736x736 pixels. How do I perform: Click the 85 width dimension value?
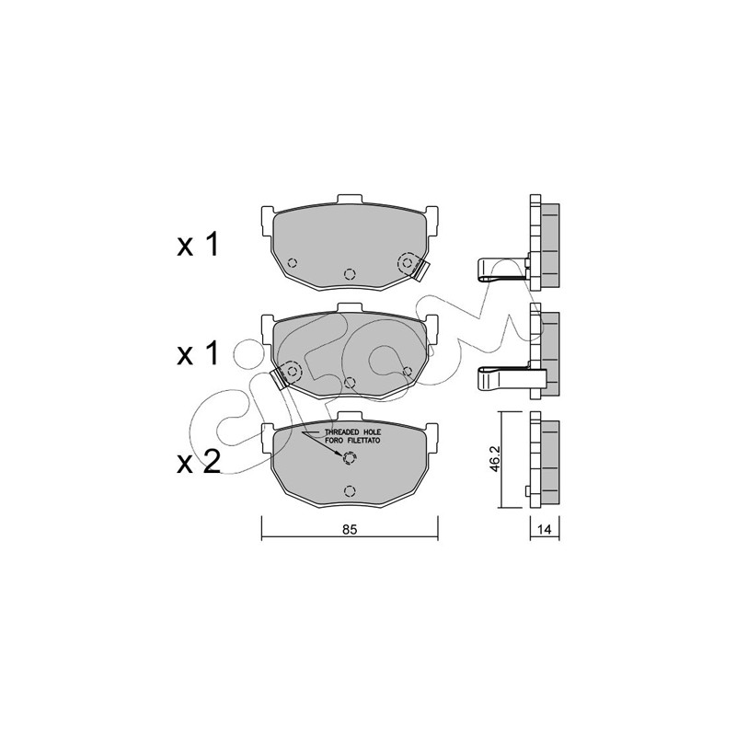tap(350, 530)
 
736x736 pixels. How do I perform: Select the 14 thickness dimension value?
tap(544, 530)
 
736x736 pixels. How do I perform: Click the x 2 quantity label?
tap(199, 463)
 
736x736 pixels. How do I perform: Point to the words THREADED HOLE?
tap(353, 431)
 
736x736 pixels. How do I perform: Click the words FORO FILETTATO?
tap(352, 441)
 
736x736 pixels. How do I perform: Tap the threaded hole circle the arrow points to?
tap(350, 457)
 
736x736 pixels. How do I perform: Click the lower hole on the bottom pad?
tap(350, 491)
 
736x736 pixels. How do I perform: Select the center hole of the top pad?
tap(350, 273)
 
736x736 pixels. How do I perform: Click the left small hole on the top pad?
tap(292, 262)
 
